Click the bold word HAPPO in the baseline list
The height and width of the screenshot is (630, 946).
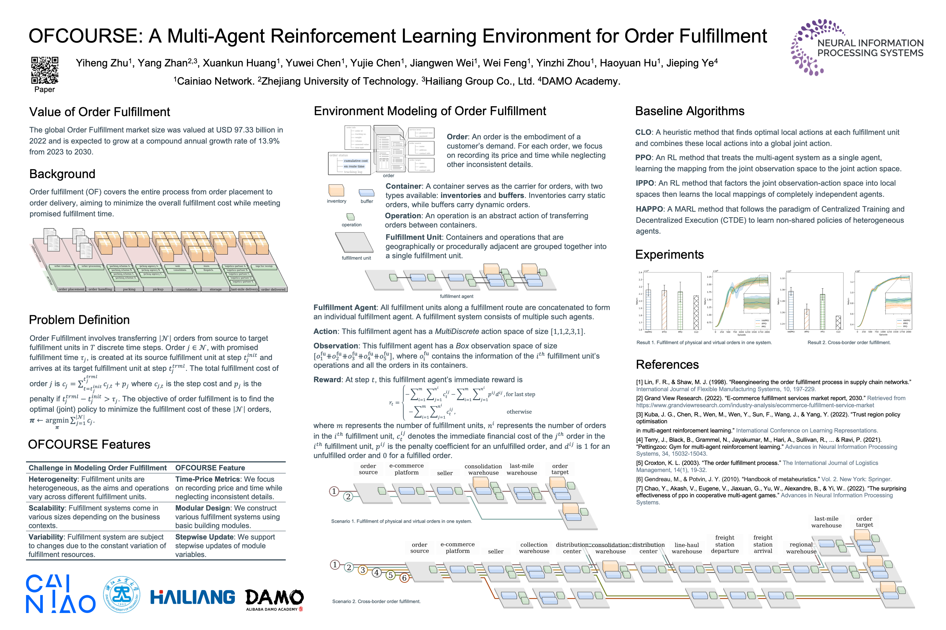(x=649, y=209)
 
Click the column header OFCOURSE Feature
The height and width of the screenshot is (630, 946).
(x=210, y=468)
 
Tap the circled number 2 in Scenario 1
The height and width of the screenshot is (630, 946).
(x=348, y=497)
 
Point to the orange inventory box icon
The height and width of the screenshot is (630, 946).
(x=336, y=190)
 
